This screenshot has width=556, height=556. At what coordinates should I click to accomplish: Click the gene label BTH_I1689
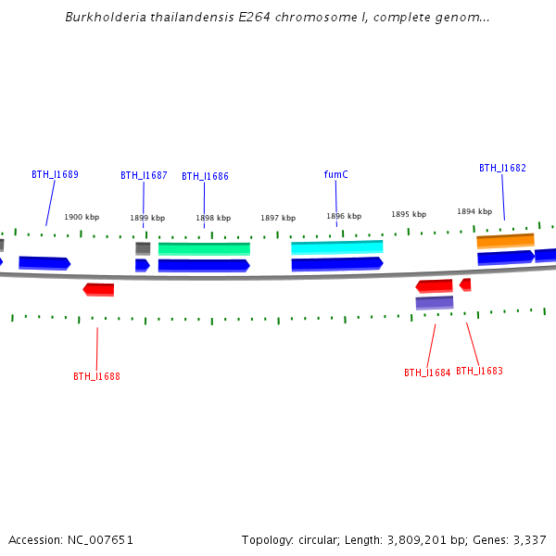point(55,174)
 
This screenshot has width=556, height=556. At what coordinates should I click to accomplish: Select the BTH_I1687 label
point(144,175)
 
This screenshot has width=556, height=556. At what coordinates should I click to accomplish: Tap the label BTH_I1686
point(205,176)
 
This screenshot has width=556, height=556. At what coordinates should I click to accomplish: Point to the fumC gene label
point(335,174)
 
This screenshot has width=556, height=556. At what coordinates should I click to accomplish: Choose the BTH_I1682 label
point(502,168)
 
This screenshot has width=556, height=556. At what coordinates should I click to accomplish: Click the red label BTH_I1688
point(96,376)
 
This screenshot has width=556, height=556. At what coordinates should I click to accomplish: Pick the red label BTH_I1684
point(427,373)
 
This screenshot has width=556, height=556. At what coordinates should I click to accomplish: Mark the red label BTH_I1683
point(479,371)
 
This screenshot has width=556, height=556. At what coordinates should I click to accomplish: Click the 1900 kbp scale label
point(82,217)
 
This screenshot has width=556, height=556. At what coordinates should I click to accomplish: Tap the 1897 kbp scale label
point(278,218)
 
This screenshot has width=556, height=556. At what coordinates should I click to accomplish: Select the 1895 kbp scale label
point(409,214)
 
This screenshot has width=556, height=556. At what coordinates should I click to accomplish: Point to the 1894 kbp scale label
point(474,211)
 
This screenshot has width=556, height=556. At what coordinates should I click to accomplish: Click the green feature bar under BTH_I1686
point(204,248)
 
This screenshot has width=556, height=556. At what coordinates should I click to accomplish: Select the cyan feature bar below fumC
point(336,247)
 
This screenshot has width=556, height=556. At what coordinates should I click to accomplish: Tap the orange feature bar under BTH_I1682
point(505,241)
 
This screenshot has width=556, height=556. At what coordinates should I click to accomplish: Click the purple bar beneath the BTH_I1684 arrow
point(434,302)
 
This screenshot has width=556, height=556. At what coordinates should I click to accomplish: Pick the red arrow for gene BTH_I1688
point(99,289)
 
